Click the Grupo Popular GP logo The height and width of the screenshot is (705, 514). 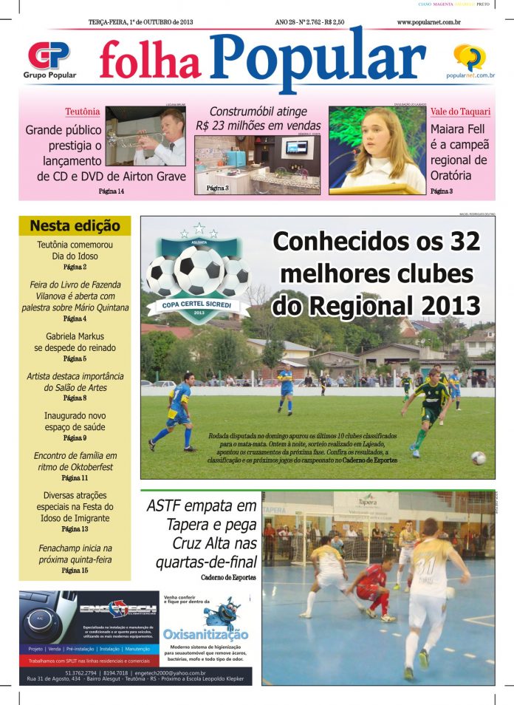(48, 55)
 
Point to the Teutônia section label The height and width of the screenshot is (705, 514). (82, 112)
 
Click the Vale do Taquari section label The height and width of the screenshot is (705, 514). (460, 112)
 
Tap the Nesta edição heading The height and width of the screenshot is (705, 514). (74, 226)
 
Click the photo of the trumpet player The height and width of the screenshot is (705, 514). (145, 136)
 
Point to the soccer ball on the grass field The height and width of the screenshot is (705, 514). (479, 458)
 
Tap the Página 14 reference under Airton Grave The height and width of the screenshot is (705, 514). (112, 191)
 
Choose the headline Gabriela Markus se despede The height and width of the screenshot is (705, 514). (75, 341)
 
